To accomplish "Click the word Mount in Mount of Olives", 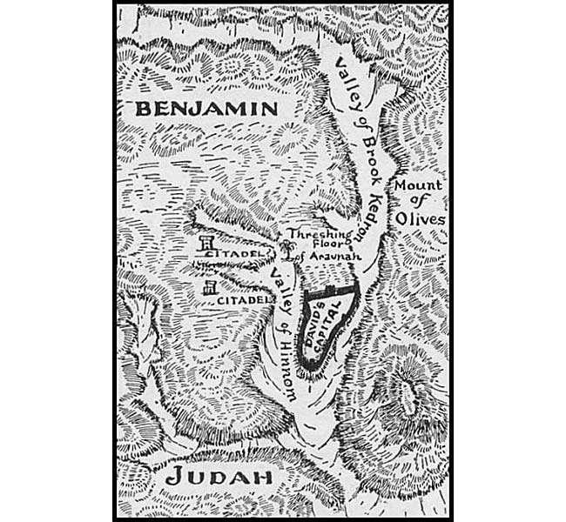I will [418, 186].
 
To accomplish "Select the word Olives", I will [424, 219].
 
